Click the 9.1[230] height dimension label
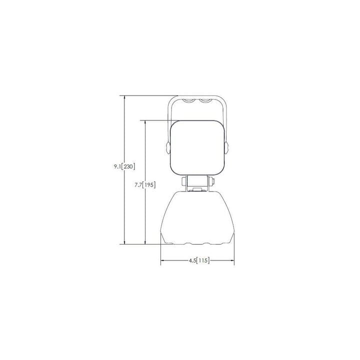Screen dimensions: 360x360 pos(124,166)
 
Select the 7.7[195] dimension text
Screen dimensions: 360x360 pos(145,184)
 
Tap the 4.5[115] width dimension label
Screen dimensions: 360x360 pos(199,260)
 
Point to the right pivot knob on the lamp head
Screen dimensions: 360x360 pos(226,147)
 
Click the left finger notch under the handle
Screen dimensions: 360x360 pos(189,100)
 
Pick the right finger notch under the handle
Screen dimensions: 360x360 pos(205,100)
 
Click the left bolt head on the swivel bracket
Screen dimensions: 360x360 pos(184,181)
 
